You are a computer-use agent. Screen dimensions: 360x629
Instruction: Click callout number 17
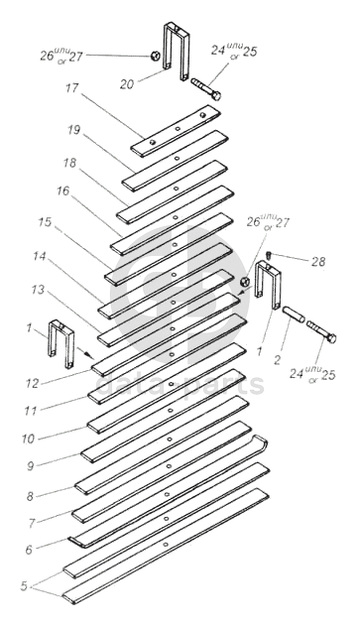tap(72, 88)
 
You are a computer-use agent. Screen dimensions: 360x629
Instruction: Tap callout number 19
tap(73, 130)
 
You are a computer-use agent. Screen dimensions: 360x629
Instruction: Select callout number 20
tap(127, 84)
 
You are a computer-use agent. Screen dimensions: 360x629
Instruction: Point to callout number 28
tap(318, 262)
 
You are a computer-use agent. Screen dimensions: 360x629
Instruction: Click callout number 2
tap(277, 359)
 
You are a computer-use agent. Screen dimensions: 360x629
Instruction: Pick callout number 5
tap(25, 586)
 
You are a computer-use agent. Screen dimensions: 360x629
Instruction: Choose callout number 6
tap(29, 550)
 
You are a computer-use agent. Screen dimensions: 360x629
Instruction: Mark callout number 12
tap(32, 384)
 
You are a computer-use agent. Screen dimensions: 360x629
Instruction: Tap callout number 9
tap(30, 465)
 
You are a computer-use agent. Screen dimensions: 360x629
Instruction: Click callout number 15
tap(46, 222)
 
